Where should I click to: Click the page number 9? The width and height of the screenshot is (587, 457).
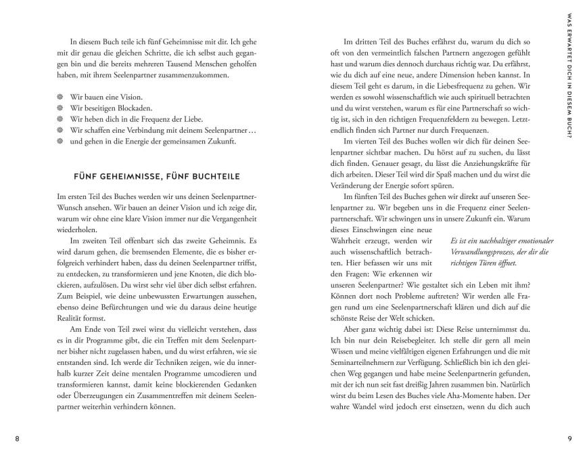coord(569,438)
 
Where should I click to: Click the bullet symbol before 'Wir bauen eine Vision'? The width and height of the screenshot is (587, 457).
coord(60,97)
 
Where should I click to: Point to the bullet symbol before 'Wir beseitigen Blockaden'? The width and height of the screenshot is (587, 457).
coord(60,108)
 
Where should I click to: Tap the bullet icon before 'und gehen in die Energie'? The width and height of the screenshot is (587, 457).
coord(60,142)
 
